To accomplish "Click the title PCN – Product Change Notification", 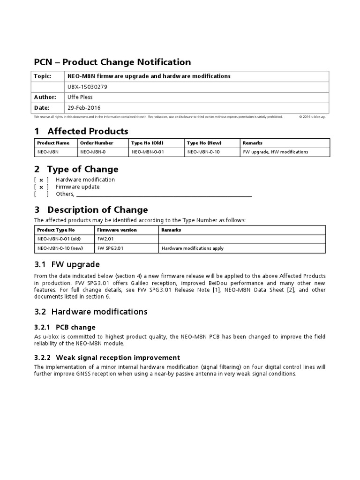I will (x=112, y=62).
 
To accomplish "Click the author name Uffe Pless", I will (x=81, y=97).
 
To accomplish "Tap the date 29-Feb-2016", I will (x=84, y=108).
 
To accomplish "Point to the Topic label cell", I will (x=42, y=76).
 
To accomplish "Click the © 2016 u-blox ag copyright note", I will (x=312, y=117).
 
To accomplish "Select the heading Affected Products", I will (x=87, y=131).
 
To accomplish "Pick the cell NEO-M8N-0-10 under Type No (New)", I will (x=203, y=152).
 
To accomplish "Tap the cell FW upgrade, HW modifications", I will (x=275, y=152).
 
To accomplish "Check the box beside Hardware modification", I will (x=41, y=180).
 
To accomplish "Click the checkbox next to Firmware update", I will (x=41, y=187).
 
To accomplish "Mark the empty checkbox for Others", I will (x=41, y=194).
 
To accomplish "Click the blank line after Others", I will (x=164, y=195).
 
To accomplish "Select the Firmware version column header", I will (x=117, y=230).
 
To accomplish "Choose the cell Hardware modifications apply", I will (x=192, y=248).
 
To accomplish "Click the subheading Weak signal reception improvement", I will (x=118, y=357).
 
